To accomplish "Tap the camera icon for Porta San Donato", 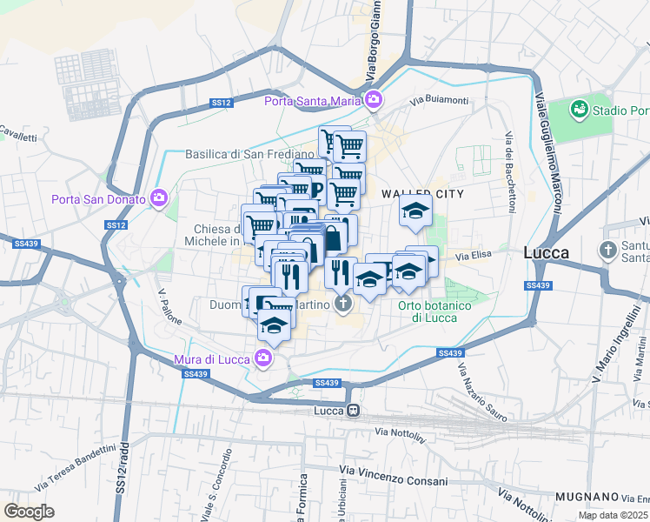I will (x=159, y=198).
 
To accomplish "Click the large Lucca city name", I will (x=547, y=252).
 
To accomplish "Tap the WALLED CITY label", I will (x=422, y=193).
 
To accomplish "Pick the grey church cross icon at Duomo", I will (x=343, y=304).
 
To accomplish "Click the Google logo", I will (x=29, y=512).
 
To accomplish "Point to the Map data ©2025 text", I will (x=614, y=515).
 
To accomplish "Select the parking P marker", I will (x=315, y=189).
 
